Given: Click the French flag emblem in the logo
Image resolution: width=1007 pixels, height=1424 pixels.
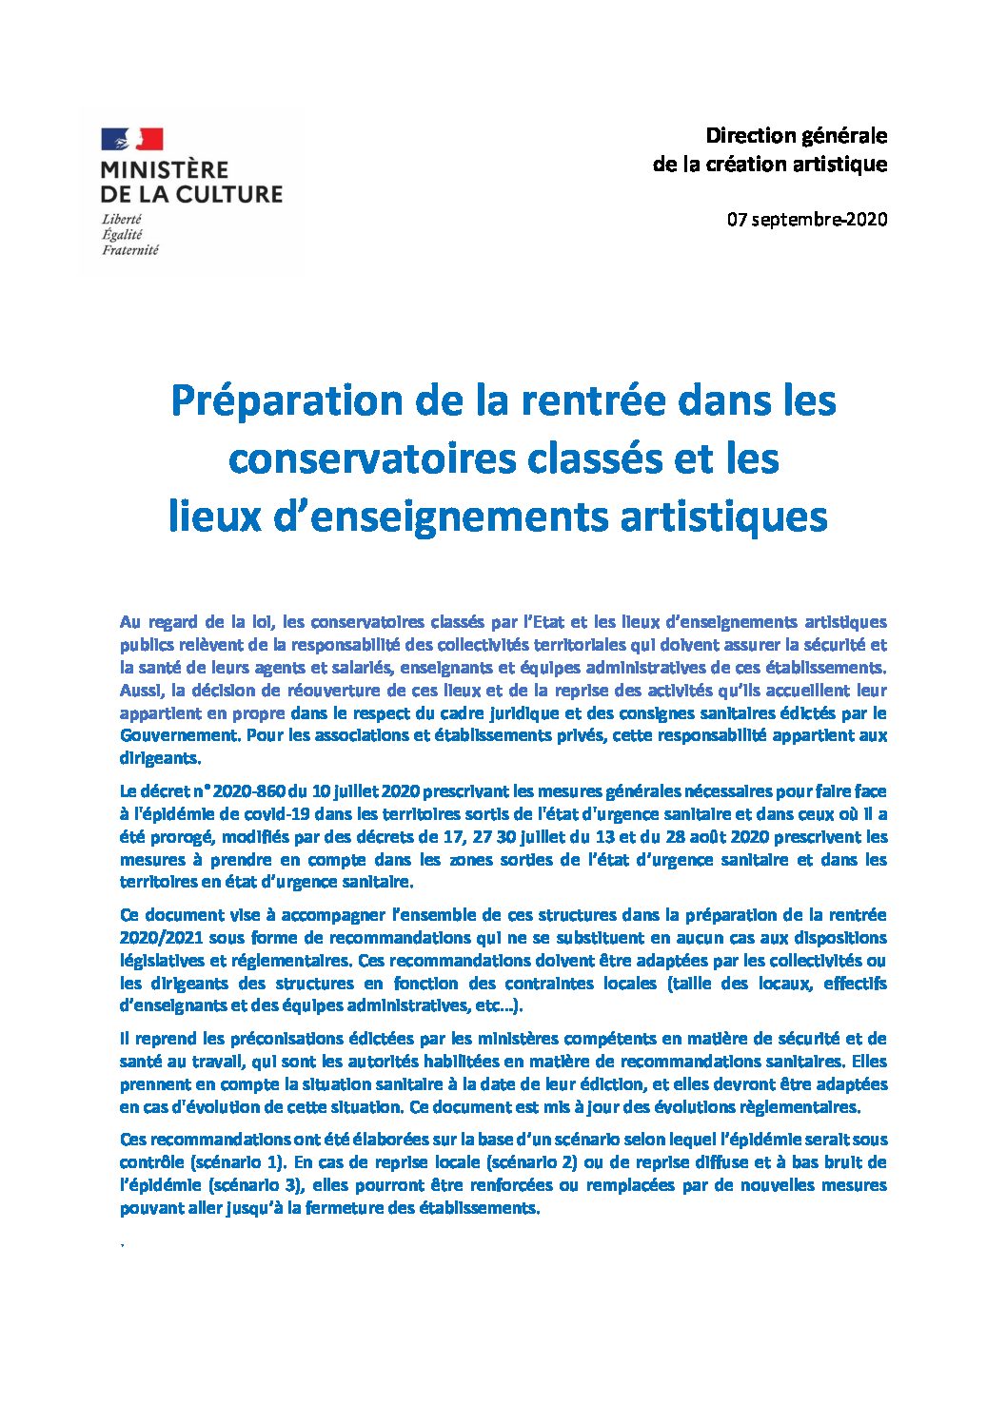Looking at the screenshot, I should (x=131, y=140).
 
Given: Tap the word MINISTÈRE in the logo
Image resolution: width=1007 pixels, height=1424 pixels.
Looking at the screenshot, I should (x=165, y=170).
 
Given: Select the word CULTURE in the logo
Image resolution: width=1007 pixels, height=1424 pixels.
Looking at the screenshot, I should (x=235, y=194).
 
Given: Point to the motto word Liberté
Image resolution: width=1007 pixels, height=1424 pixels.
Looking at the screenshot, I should (x=122, y=219).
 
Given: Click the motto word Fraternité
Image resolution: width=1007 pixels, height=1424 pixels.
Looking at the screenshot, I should (x=130, y=250).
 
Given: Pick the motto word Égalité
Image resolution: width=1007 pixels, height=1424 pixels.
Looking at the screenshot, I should (x=122, y=234).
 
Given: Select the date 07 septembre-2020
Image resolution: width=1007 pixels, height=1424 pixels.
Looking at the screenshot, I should (x=807, y=220).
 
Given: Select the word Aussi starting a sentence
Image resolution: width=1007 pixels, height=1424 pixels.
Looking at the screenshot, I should (x=141, y=690).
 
